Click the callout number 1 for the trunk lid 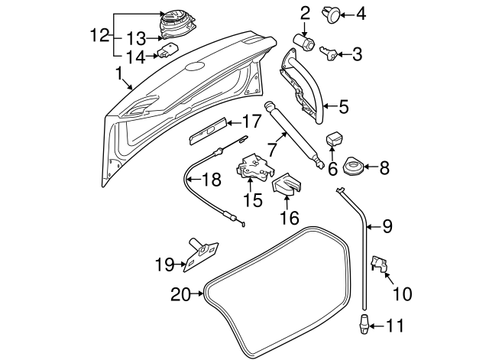118,74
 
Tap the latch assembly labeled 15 252,169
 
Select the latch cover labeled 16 287,184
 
